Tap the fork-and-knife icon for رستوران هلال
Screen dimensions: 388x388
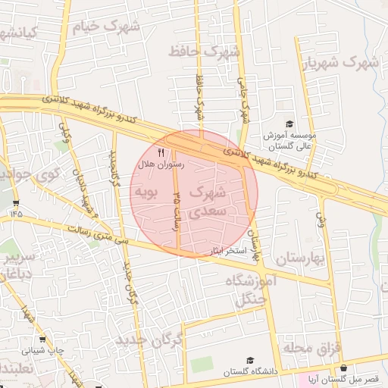161,152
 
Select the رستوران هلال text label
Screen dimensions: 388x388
158,164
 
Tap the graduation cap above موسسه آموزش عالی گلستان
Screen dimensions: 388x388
289,124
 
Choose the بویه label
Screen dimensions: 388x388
145,192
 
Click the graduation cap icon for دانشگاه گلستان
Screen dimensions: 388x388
250,361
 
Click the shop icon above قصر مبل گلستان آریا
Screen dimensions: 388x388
344,368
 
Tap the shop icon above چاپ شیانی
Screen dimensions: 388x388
42,339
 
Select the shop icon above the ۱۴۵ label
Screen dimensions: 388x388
16,203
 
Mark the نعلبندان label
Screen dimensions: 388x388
14,368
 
